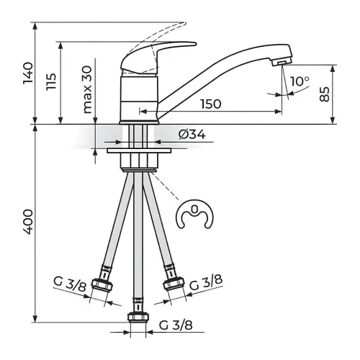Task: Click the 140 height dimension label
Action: click(x=28, y=73)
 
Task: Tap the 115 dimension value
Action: click(x=51, y=81)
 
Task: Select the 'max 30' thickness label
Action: click(x=87, y=90)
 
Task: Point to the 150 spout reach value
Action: click(x=211, y=104)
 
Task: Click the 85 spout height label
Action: click(x=325, y=94)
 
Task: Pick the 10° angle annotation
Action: click(x=300, y=81)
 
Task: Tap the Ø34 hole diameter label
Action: click(x=192, y=135)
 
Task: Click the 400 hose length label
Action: click(x=28, y=222)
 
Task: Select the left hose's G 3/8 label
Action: click(x=70, y=284)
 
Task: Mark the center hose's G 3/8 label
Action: click(x=176, y=325)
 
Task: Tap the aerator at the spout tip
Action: click(x=282, y=62)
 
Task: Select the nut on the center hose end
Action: click(x=138, y=317)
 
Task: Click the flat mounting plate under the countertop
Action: click(x=139, y=150)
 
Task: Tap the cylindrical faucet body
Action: click(x=139, y=99)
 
